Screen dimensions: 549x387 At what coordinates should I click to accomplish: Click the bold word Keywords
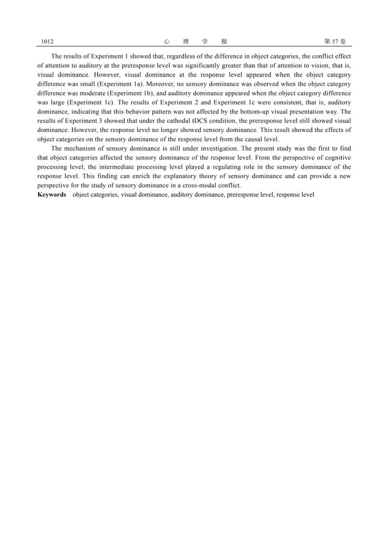[52, 194]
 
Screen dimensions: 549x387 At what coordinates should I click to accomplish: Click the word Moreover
[159, 84]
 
